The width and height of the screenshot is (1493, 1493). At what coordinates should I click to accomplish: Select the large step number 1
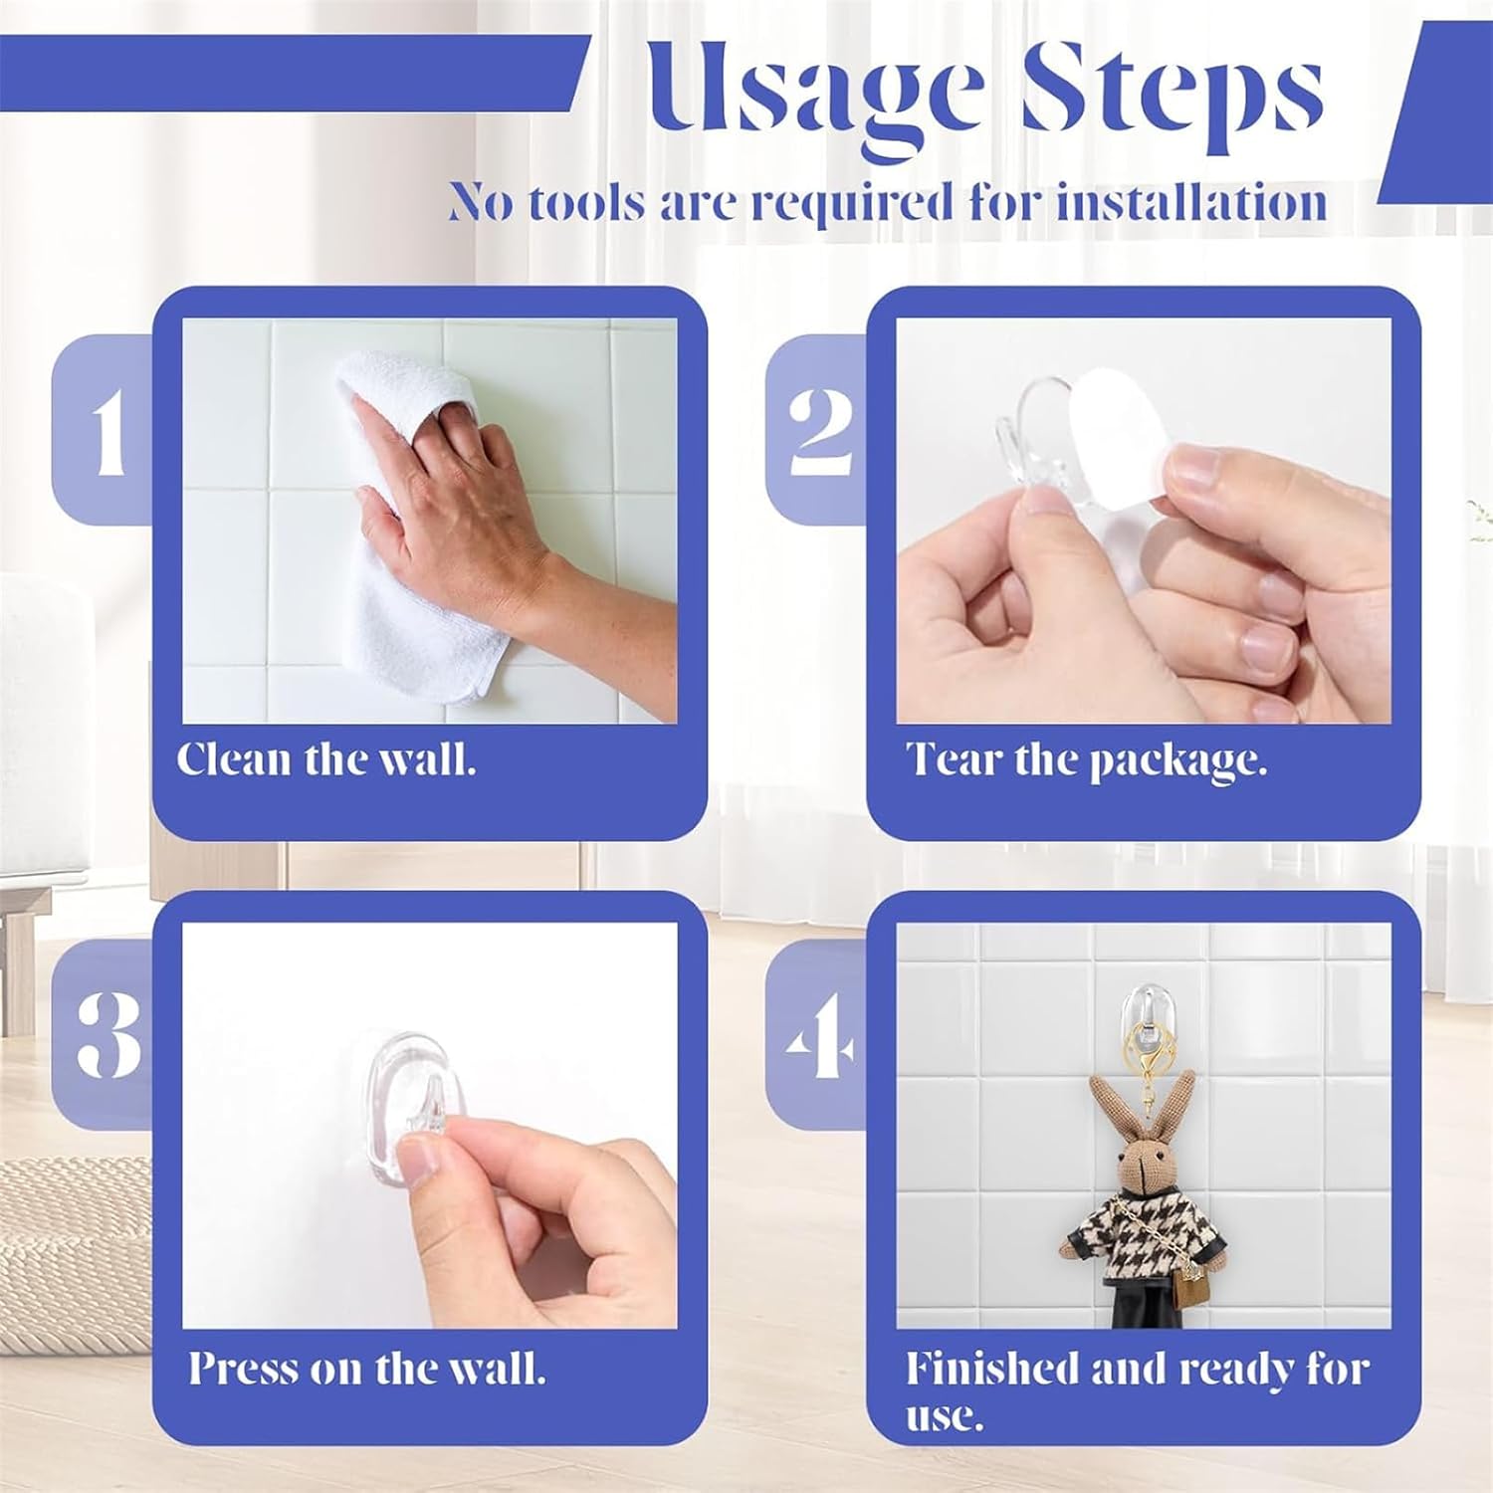click(108, 430)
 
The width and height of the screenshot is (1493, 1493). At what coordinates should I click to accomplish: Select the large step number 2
click(822, 430)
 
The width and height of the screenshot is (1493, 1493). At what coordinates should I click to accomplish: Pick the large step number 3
click(108, 1034)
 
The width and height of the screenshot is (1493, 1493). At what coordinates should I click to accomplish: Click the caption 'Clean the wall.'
click(326, 759)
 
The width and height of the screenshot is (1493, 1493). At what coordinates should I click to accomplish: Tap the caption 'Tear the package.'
click(1086, 761)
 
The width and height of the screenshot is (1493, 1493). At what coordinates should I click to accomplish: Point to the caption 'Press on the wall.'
click(367, 1368)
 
